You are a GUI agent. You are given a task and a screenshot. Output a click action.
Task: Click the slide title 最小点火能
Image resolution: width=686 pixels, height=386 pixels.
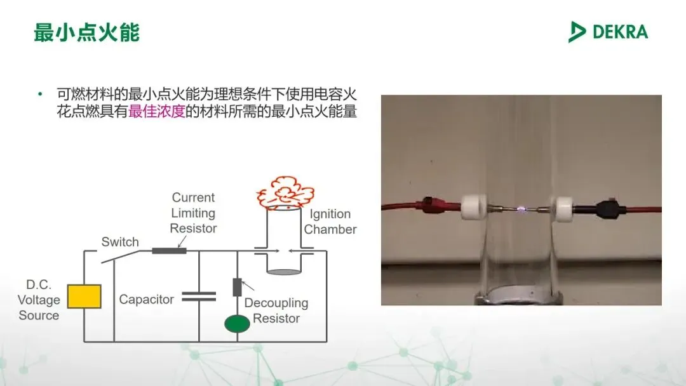tap(86, 32)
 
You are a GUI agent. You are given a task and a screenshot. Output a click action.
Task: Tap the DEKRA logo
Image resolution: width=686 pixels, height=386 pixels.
tap(608, 32)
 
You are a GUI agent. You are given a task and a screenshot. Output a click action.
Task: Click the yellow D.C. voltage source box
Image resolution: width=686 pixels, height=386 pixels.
tap(84, 296)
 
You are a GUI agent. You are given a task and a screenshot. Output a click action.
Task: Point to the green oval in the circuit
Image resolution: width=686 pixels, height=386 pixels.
tap(237, 324)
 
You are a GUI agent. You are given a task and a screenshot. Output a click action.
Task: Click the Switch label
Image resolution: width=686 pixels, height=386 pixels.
tap(120, 242)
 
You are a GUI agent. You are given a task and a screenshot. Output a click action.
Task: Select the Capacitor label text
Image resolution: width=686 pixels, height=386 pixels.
tap(146, 300)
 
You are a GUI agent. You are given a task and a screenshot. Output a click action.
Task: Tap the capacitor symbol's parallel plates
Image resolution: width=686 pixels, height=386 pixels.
tap(199, 296)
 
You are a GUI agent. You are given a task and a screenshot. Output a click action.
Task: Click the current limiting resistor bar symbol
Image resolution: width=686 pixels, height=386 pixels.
tap(169, 250)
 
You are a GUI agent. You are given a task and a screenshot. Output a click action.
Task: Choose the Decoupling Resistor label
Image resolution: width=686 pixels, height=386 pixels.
tap(276, 310)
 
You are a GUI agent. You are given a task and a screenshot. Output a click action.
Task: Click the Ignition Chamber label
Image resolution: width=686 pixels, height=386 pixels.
tap(330, 222)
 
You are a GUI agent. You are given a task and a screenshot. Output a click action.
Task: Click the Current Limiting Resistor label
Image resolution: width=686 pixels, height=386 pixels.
tap(193, 213)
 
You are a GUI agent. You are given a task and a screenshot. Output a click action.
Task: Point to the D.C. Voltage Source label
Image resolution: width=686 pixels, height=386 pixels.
tap(39, 300)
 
